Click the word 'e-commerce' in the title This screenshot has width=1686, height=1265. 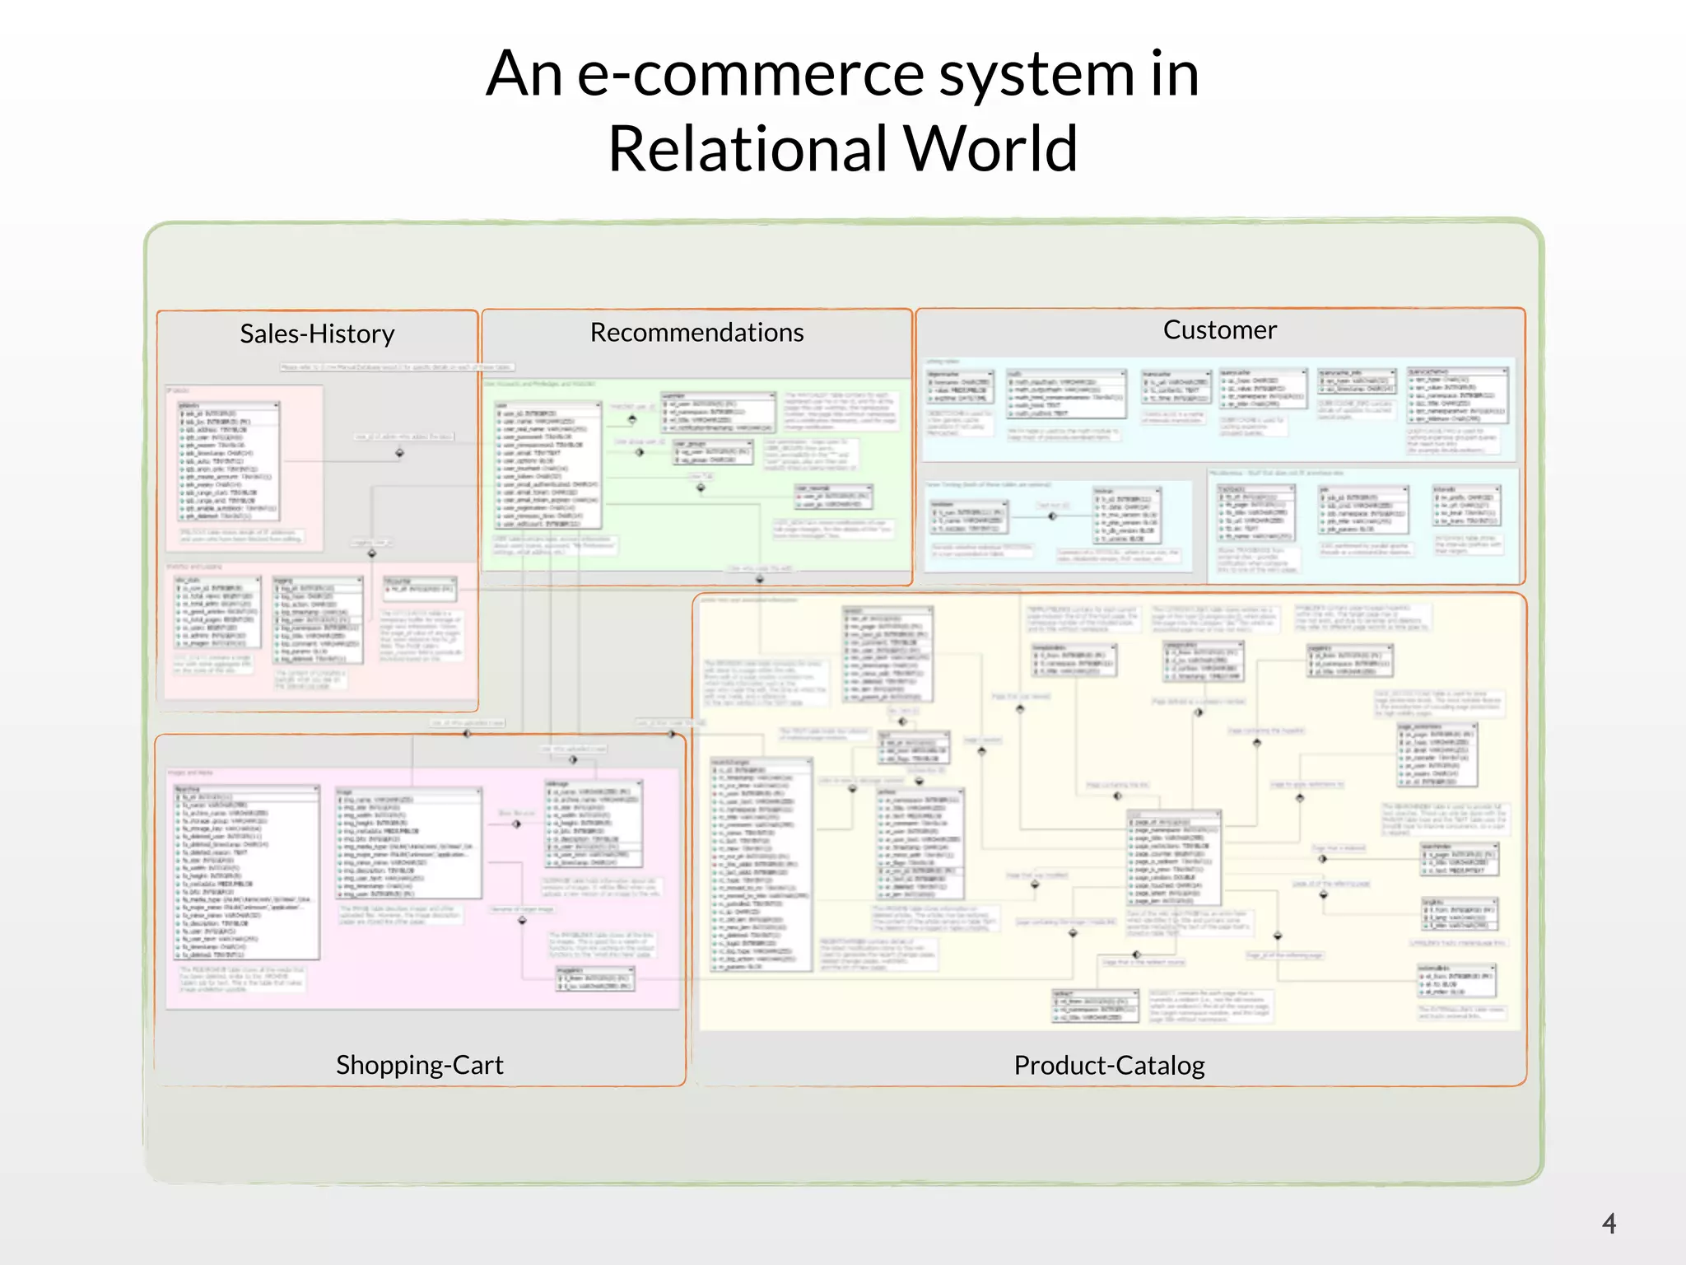[x=751, y=74]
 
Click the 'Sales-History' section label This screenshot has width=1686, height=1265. [x=317, y=334]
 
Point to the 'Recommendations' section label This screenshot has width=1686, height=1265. [x=696, y=332]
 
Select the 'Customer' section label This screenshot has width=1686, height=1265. [x=1219, y=329]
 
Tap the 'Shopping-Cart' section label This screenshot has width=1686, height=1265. [x=419, y=1065]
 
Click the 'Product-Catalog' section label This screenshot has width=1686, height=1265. [x=1109, y=1065]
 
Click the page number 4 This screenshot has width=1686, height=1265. [x=1609, y=1223]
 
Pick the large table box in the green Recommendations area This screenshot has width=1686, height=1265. [x=548, y=465]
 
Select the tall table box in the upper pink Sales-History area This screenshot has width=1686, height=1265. [x=229, y=461]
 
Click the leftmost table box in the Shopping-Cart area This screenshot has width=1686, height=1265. [x=246, y=873]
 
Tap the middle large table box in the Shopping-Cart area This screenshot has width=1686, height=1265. [x=409, y=843]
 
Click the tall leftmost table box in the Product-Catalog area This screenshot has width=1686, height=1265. [x=761, y=865]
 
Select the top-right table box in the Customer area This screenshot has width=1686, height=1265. [x=1458, y=396]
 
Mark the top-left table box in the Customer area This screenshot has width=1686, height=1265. [x=961, y=387]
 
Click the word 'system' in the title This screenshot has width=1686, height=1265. [x=1039, y=74]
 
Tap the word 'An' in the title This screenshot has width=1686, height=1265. [x=524, y=74]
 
